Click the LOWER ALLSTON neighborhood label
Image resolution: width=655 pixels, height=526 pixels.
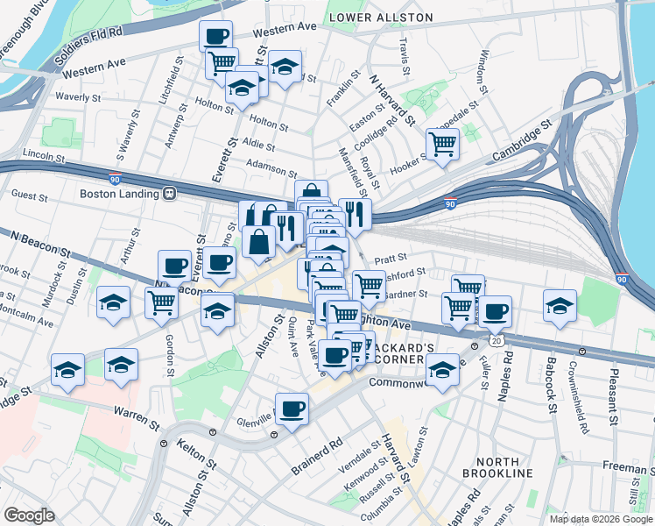click(x=381, y=18)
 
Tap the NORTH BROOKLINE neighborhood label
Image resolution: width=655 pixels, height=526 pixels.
click(x=504, y=466)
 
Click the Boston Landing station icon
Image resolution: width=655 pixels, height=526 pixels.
click(x=169, y=194)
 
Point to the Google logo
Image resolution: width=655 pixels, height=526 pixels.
click(x=29, y=515)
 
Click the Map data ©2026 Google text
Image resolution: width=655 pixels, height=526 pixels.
click(x=600, y=519)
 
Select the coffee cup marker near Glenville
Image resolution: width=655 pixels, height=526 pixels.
click(x=292, y=407)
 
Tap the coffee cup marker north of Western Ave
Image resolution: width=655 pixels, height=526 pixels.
click(x=215, y=36)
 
